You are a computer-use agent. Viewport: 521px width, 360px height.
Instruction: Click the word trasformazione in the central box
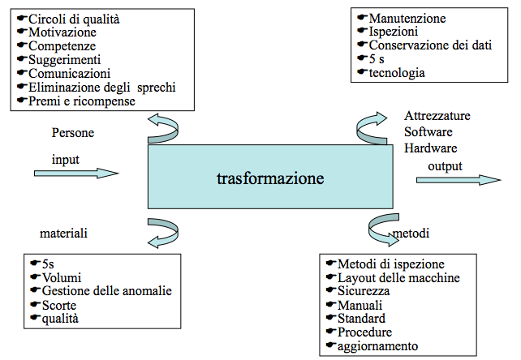tap(270, 178)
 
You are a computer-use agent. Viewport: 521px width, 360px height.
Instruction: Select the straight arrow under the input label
tap(76, 173)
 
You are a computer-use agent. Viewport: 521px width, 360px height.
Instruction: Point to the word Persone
tap(74, 131)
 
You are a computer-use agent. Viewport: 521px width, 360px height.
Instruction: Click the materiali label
tap(63, 234)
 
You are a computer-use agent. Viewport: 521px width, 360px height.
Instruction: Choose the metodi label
tap(411, 234)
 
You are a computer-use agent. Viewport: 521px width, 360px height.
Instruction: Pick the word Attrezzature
tap(437, 116)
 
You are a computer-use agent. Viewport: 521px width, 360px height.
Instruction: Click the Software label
tap(428, 131)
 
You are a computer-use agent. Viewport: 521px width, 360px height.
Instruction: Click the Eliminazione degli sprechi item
tap(101, 87)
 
